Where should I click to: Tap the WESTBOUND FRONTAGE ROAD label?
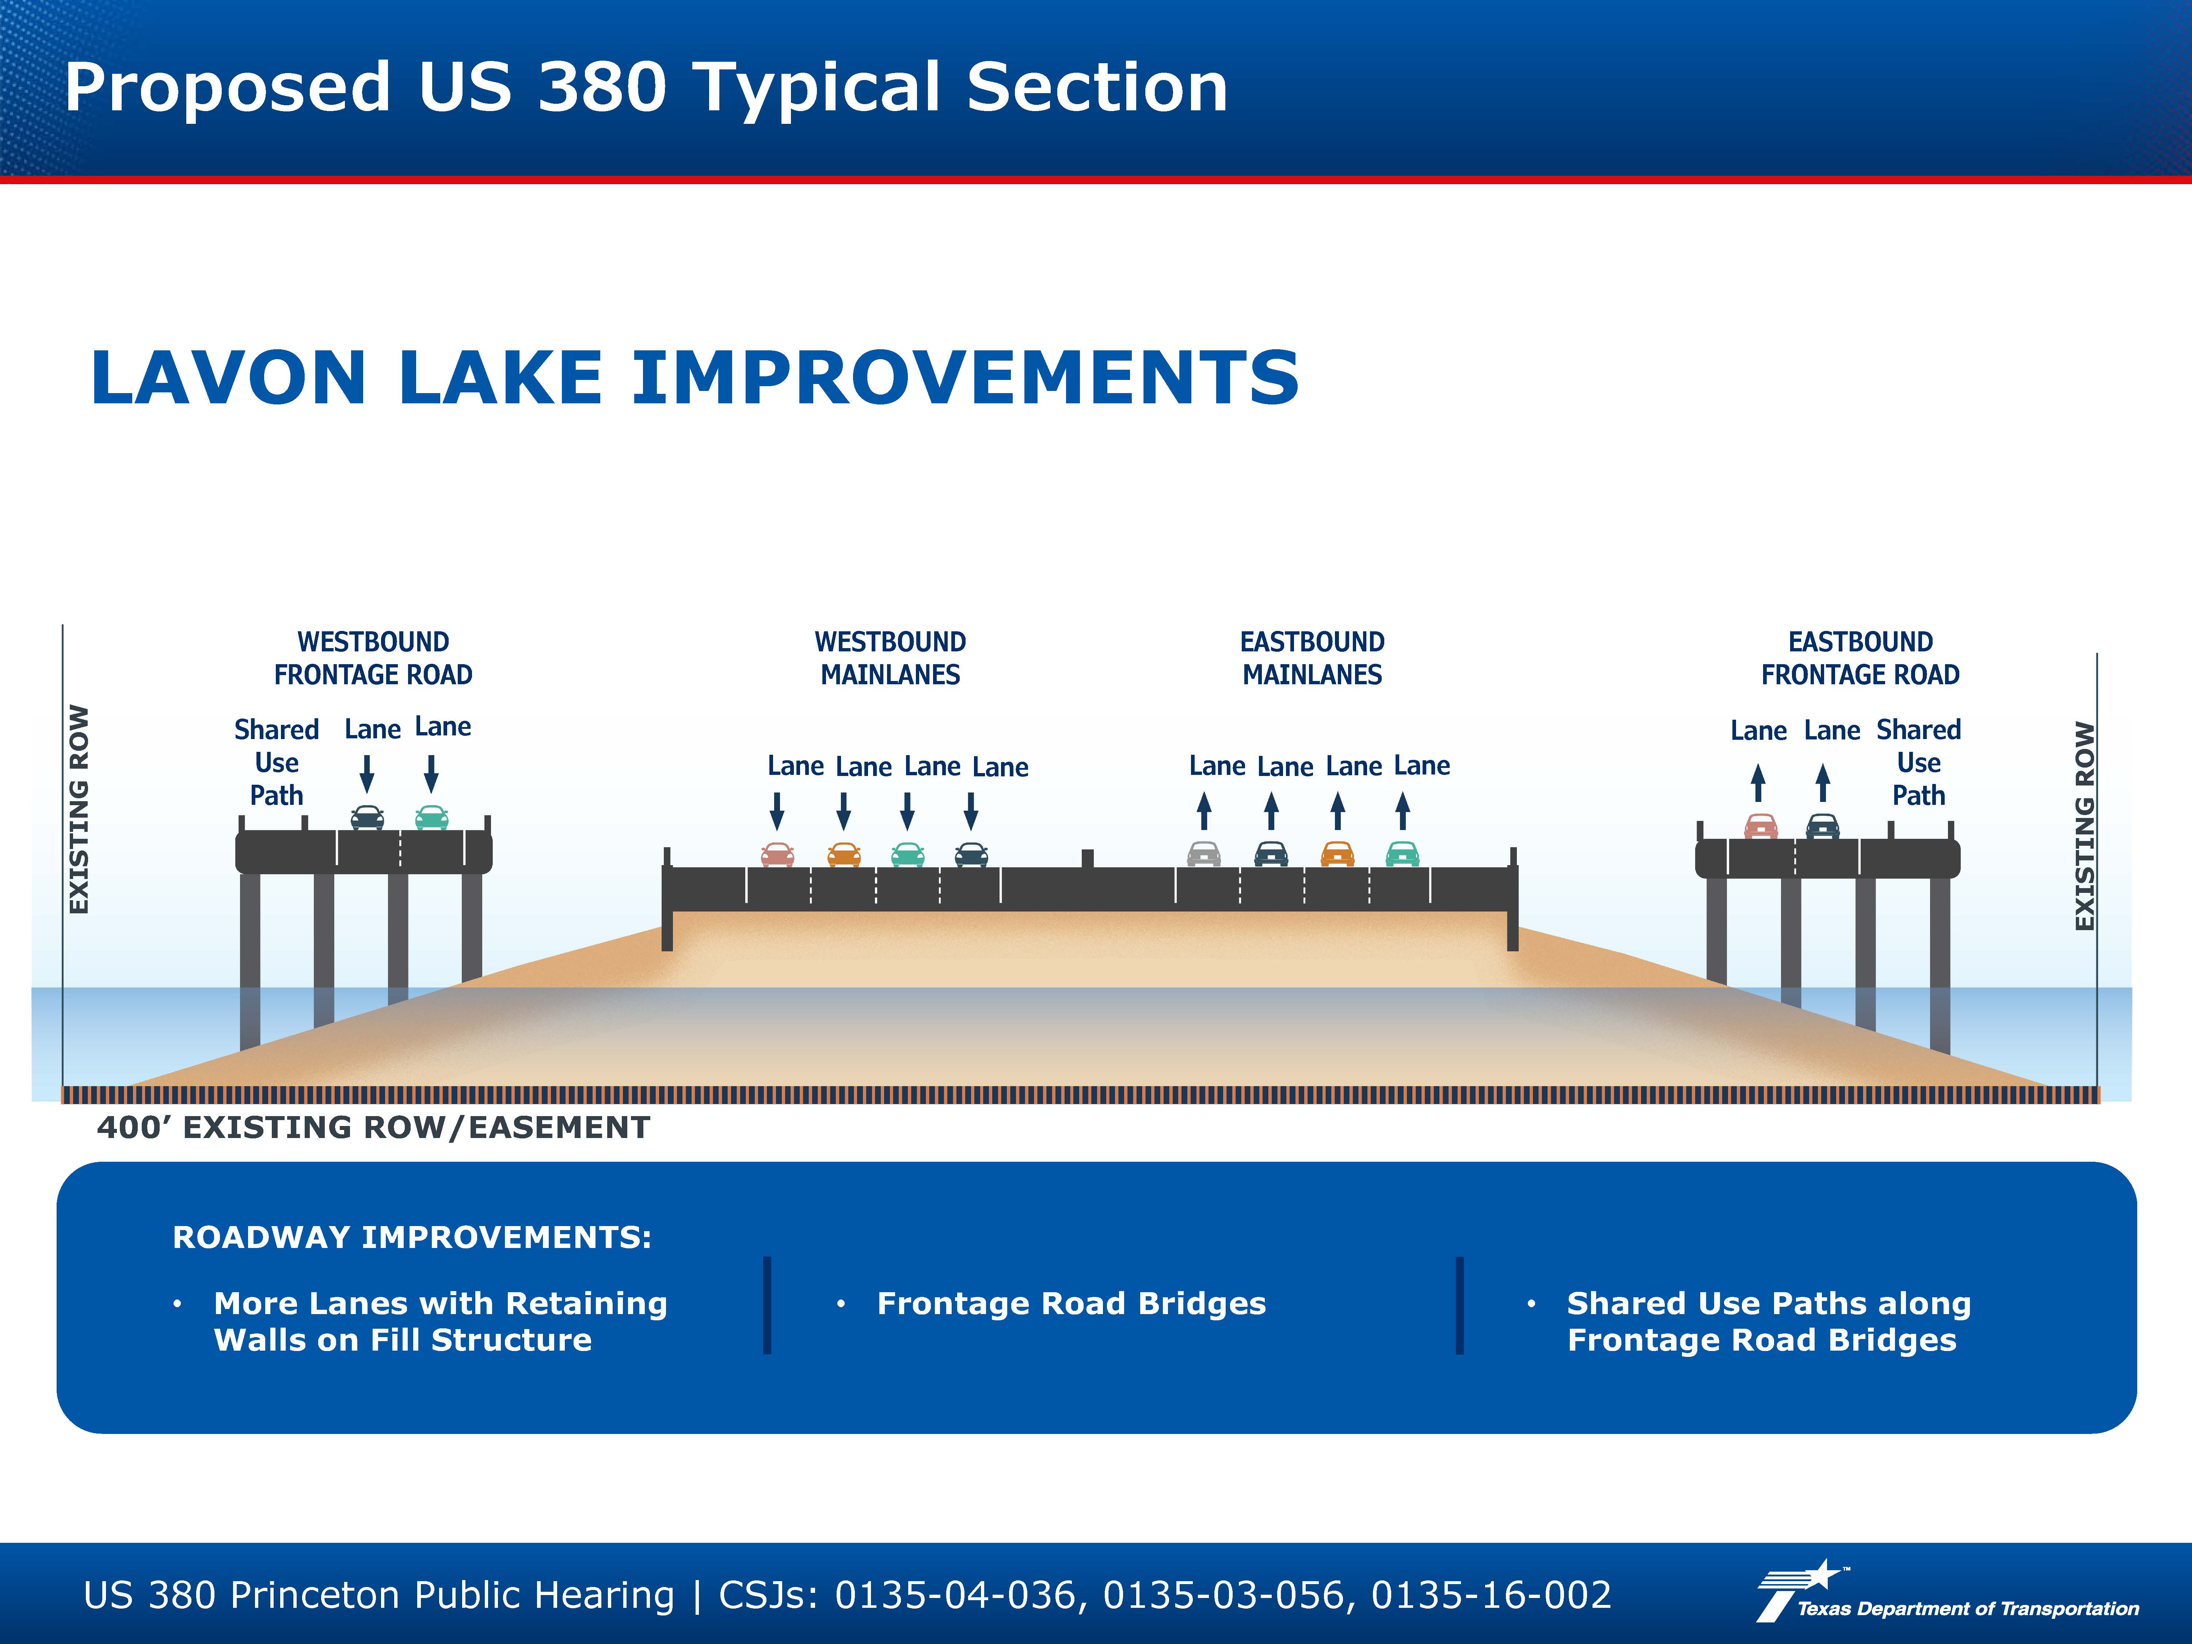[374, 658]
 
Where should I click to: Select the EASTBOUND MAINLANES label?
[1312, 658]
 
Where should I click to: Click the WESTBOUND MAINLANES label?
[890, 658]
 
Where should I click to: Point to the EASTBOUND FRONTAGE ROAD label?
[1860, 658]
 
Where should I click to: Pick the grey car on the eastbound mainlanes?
[1204, 853]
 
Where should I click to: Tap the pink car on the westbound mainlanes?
[777, 854]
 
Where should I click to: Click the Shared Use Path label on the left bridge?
[277, 763]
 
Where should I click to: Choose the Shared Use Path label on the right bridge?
[1918, 763]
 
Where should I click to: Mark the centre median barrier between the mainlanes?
[1087, 858]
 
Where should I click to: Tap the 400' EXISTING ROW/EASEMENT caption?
[374, 1128]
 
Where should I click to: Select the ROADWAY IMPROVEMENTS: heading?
[412, 1238]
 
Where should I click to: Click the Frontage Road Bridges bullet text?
[1071, 1304]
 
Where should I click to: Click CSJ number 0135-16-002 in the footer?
[1491, 1595]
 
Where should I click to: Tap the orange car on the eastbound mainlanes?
[1337, 853]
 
